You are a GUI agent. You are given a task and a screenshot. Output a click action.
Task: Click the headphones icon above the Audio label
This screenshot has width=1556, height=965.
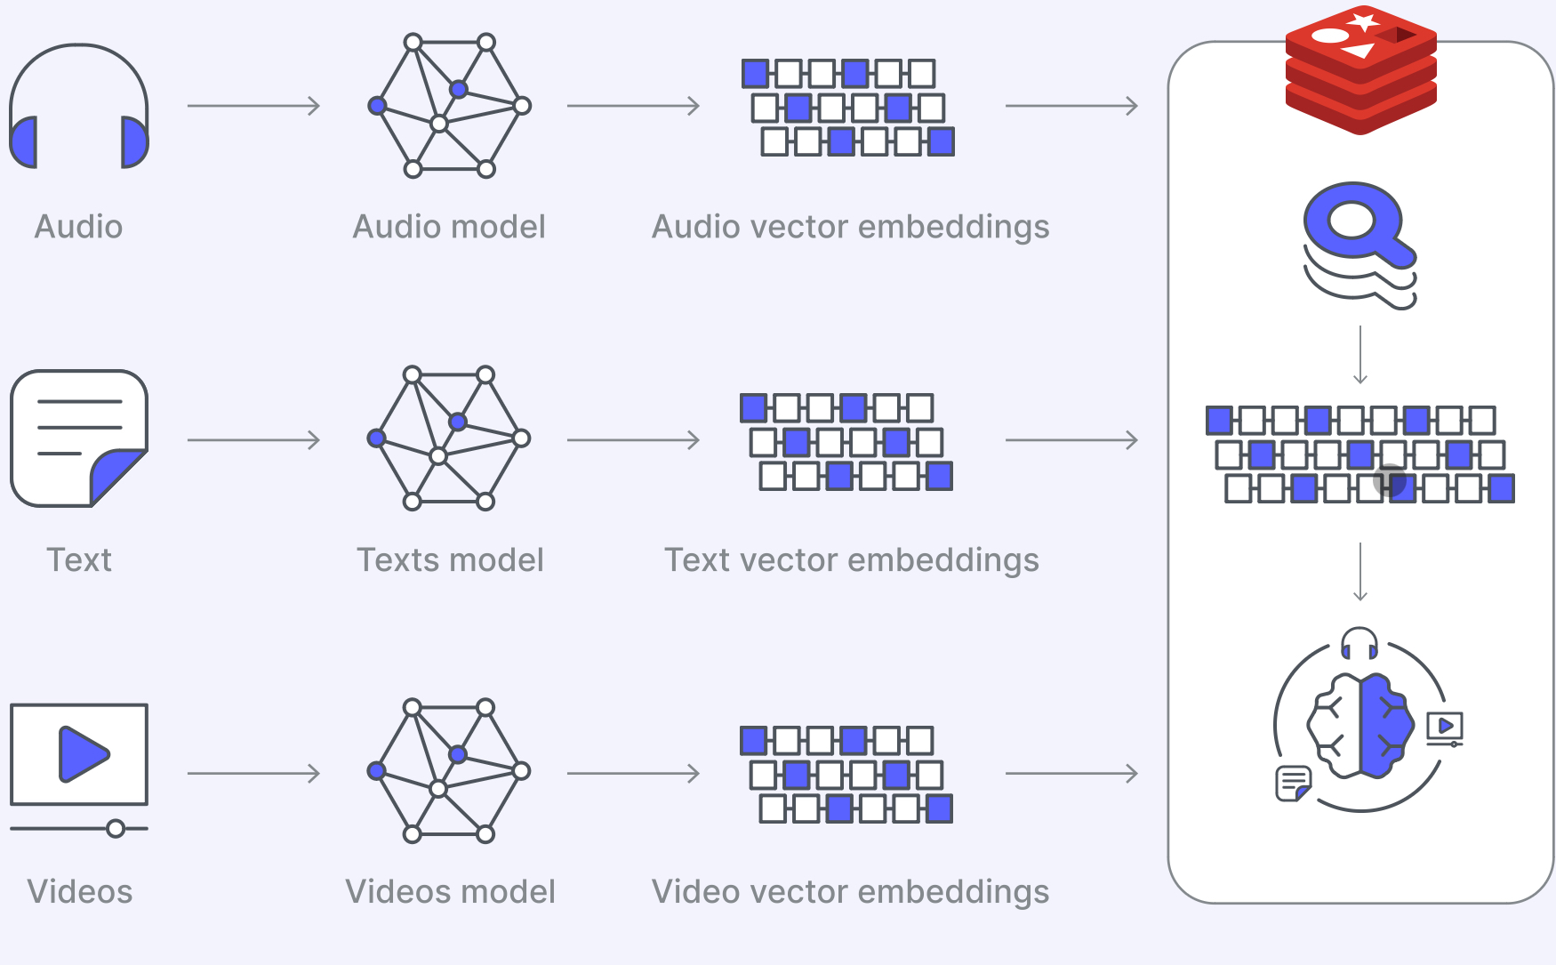(x=79, y=106)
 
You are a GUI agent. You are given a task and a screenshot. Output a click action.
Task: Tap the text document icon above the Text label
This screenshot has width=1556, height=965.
(x=79, y=438)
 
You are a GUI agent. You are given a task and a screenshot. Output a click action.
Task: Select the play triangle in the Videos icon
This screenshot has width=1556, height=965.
(x=84, y=754)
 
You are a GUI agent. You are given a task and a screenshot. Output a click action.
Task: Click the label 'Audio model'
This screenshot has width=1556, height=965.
(x=449, y=227)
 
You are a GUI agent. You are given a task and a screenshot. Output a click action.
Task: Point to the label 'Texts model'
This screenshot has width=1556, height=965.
(x=450, y=560)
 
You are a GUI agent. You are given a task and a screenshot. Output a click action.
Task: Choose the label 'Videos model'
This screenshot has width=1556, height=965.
(x=450, y=892)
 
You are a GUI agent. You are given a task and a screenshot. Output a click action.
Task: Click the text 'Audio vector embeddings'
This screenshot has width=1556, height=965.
(x=851, y=228)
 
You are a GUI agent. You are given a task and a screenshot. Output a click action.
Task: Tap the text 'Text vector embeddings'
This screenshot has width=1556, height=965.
(x=852, y=561)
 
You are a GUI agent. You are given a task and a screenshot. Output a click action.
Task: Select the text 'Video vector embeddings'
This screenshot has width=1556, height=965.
(x=851, y=893)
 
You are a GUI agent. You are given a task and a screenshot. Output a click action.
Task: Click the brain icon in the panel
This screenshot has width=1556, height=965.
(x=1360, y=726)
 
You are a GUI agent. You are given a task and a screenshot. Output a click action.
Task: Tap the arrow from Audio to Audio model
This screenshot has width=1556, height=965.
(x=253, y=106)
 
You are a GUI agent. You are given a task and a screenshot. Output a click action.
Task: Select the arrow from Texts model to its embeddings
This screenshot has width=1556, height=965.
(x=633, y=439)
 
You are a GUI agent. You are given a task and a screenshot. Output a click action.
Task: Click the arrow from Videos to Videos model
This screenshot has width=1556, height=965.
(x=253, y=774)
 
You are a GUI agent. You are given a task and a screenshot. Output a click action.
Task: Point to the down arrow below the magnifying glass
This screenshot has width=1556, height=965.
(x=1360, y=355)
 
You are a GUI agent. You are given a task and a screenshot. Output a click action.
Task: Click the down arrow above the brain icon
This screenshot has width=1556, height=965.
(x=1360, y=571)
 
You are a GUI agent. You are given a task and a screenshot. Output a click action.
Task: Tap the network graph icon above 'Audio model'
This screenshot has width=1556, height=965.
(x=449, y=106)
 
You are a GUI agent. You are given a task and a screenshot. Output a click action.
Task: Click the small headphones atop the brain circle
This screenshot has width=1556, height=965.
(x=1359, y=643)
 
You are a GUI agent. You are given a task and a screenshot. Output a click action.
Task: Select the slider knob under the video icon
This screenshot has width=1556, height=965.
(x=116, y=829)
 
